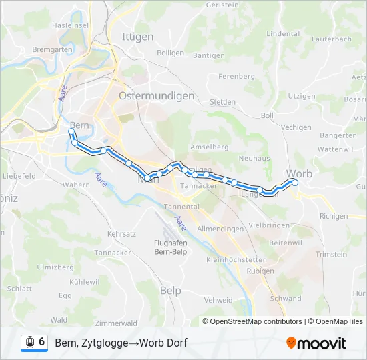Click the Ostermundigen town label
tap(156, 96)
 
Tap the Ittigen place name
tap(137, 37)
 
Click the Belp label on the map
tap(171, 291)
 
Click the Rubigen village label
tap(260, 271)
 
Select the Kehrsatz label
tap(121, 235)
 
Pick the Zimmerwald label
tap(117, 323)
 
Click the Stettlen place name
tap(222, 102)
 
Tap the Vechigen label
tap(296, 127)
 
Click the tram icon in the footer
tap(29, 343)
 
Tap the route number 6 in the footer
tap(42, 342)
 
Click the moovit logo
tap(316, 343)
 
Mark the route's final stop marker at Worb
tap(295, 182)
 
